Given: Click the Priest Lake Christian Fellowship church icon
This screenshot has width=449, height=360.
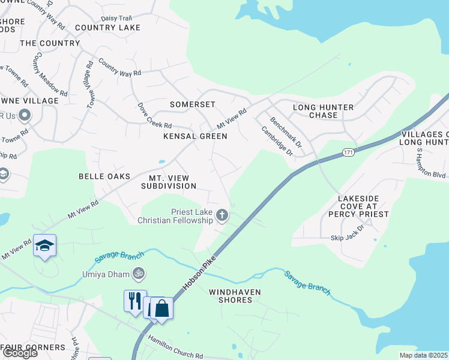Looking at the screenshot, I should [222, 215].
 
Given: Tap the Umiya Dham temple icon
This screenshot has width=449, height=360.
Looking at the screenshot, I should [139, 272].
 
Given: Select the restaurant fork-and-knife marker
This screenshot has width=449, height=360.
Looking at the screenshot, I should [135, 300].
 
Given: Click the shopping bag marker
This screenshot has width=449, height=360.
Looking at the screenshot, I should [162, 308].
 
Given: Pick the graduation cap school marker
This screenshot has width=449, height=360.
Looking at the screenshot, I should [44, 245].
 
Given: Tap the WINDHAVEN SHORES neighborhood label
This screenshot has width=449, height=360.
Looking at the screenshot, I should [231, 295].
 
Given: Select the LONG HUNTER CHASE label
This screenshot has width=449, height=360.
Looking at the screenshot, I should [323, 112].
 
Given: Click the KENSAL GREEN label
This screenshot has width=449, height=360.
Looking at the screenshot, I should [196, 136].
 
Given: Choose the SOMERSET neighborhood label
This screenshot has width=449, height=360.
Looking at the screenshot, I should [192, 104].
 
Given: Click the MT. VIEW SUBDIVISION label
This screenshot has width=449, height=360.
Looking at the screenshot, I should [169, 182].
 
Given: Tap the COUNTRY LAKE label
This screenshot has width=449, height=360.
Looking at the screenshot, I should [107, 28].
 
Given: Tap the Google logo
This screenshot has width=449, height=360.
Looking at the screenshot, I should [19, 353].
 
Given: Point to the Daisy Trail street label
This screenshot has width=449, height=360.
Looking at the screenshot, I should [116, 18].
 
